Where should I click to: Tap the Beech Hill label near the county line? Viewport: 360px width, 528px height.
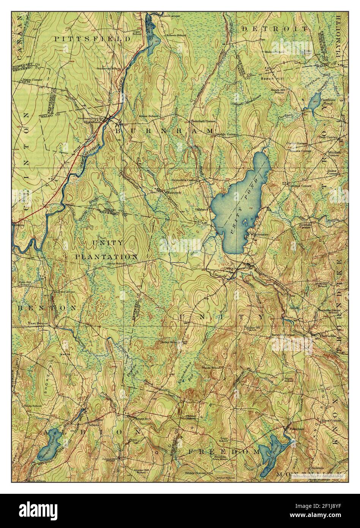click(270, 78)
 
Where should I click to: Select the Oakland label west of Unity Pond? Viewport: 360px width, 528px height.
click(202, 209)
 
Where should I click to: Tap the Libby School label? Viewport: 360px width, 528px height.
click(116, 263)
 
